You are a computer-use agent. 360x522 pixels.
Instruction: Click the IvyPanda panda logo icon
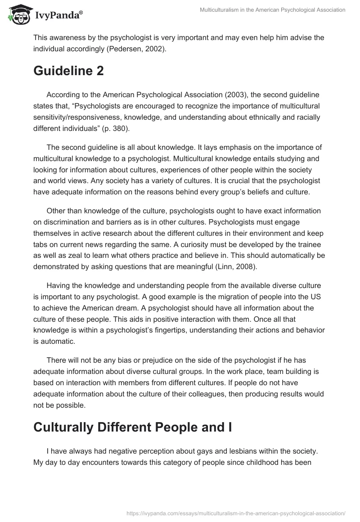(18, 14)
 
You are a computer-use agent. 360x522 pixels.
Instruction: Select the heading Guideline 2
(68, 71)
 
